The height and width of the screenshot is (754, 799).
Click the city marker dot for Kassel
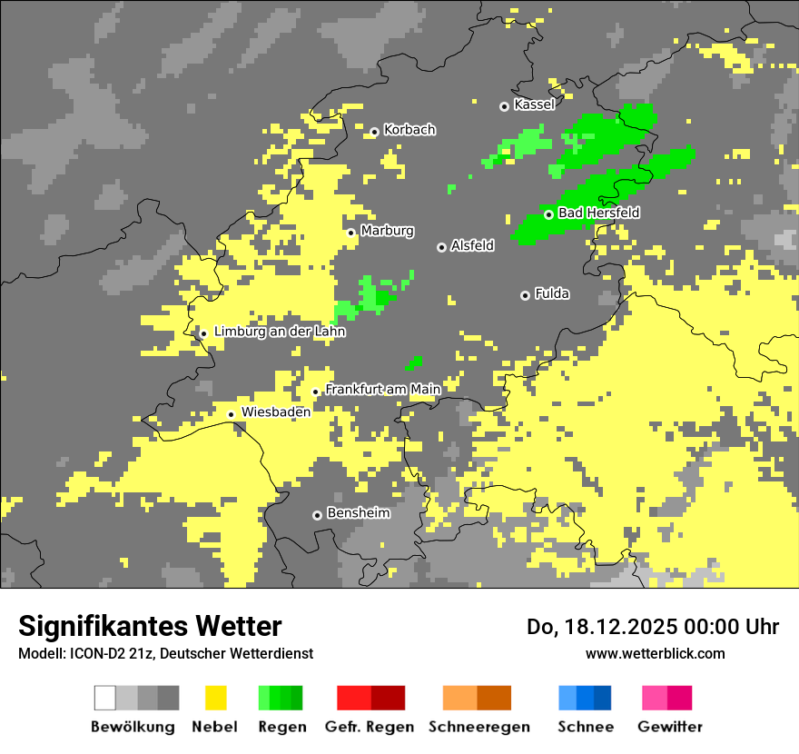pyautogui.click(x=504, y=106)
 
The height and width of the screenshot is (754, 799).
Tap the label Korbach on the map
pyautogui.click(x=409, y=130)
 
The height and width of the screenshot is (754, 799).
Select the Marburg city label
pyautogui.click(x=387, y=231)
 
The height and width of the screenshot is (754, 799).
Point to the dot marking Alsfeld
pyautogui.click(x=441, y=247)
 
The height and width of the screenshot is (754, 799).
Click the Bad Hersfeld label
pyautogui.click(x=598, y=213)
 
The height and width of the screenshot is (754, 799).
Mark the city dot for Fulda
pyautogui.click(x=525, y=295)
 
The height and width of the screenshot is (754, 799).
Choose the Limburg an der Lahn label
pyautogui.click(x=280, y=332)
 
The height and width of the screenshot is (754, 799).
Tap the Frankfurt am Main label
pyautogui.click(x=382, y=389)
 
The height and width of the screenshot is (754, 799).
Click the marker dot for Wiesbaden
pyautogui.click(x=231, y=414)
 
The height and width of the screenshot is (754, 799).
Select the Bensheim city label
pyautogui.click(x=358, y=513)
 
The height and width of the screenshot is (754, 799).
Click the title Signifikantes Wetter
pyautogui.click(x=150, y=626)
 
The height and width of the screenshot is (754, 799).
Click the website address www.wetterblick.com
pyautogui.click(x=655, y=653)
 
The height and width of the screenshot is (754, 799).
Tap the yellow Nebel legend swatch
pyautogui.click(x=215, y=698)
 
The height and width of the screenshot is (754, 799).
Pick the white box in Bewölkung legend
pyautogui.click(x=105, y=698)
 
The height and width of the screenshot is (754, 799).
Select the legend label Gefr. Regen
pyautogui.click(x=369, y=727)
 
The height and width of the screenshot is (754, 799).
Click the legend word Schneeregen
pyautogui.click(x=478, y=727)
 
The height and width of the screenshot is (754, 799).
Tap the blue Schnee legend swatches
pyautogui.click(x=585, y=698)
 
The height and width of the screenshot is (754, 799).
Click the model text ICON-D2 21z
pyautogui.click(x=97, y=653)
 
